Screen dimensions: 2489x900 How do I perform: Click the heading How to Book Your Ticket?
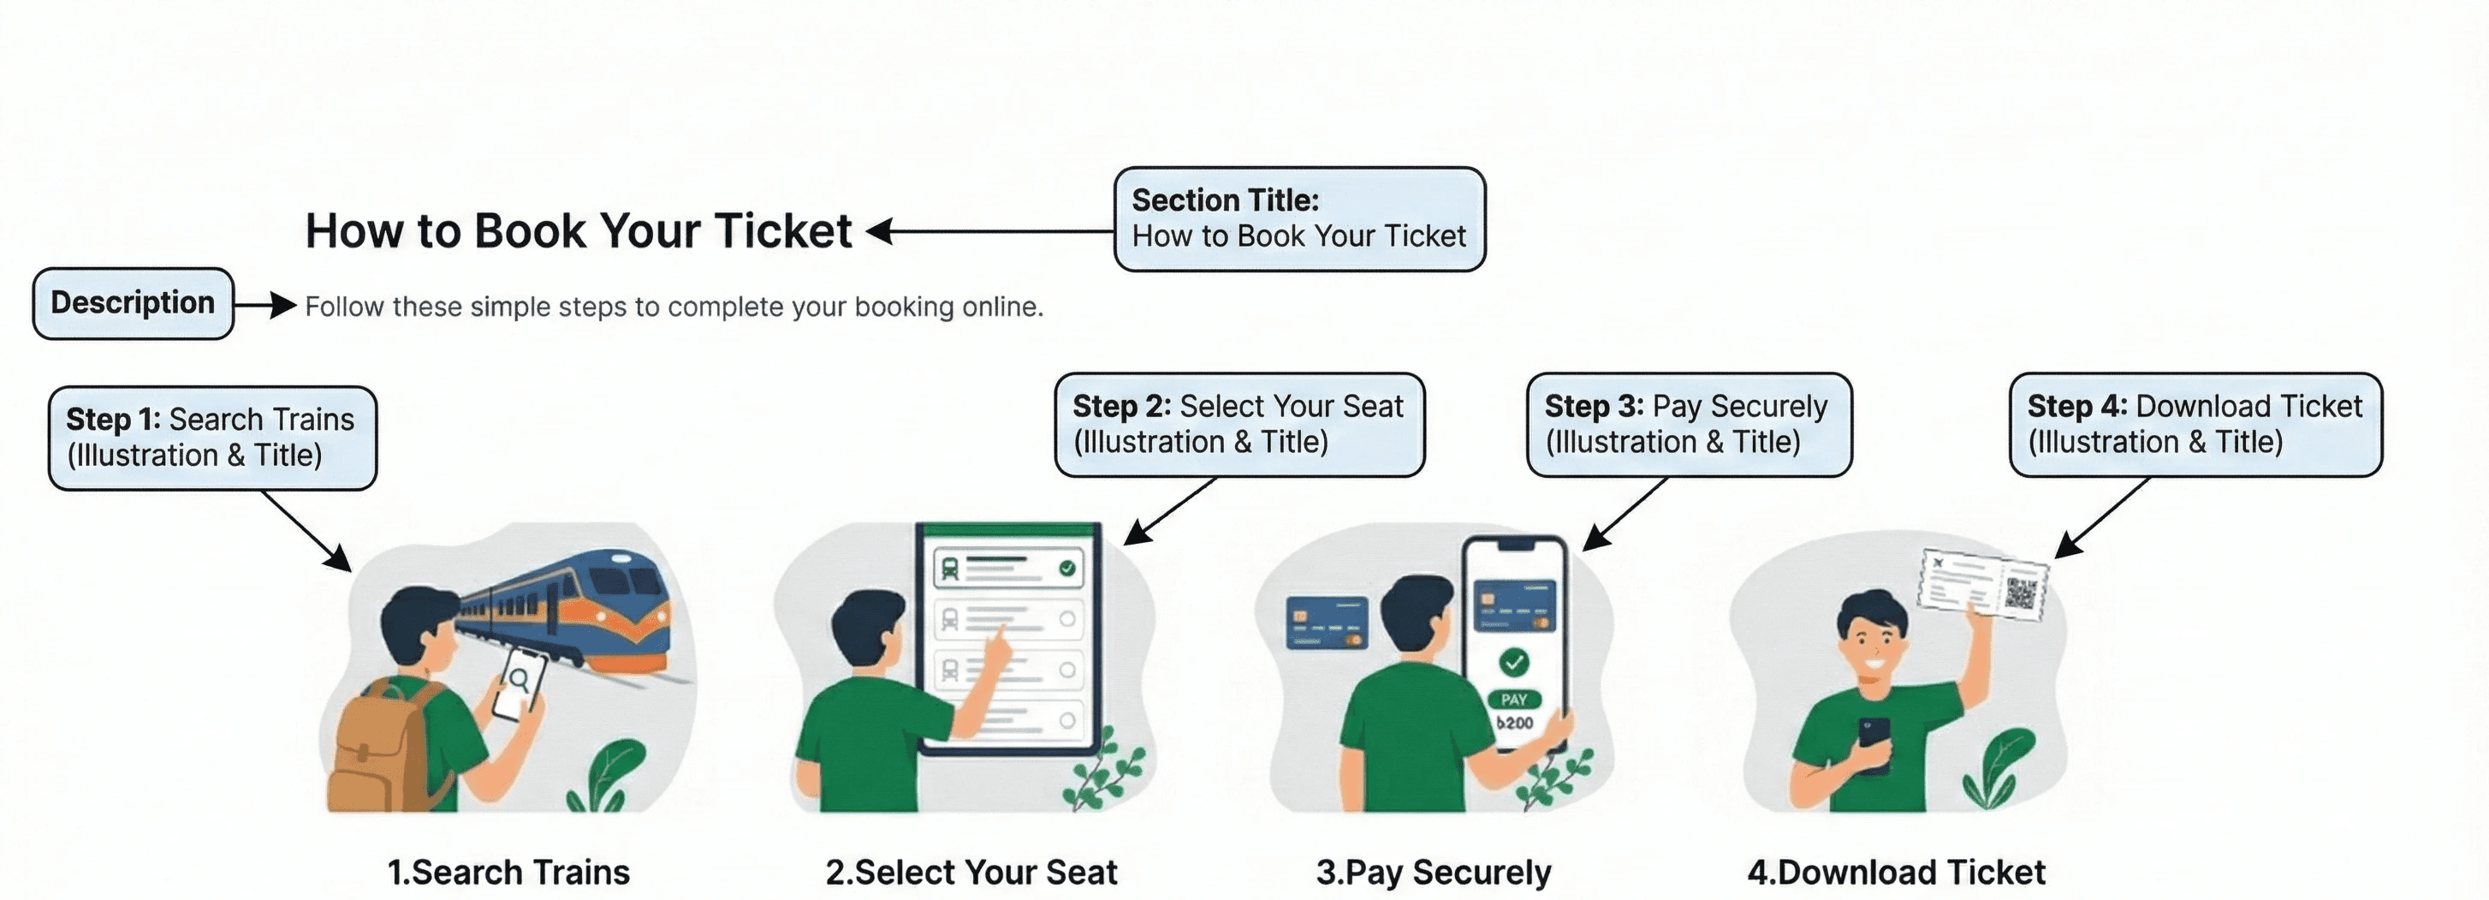tap(579, 231)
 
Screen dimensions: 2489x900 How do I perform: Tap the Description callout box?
tap(134, 303)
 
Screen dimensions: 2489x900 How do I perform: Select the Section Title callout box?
tap(1299, 218)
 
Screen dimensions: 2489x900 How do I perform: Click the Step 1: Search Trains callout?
tap(212, 438)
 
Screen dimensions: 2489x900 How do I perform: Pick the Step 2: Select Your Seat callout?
tap(1239, 425)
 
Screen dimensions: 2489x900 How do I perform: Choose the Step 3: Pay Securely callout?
tap(1689, 425)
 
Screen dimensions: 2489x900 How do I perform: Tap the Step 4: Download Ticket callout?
tap(2195, 425)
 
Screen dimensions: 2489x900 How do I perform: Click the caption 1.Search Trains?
tap(508, 872)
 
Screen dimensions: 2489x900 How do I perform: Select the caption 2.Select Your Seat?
tap(971, 872)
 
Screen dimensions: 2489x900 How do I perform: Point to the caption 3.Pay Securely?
tap(1434, 872)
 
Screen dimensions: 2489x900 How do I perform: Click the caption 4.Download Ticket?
tap(1896, 872)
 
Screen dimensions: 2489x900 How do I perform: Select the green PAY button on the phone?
tap(1514, 699)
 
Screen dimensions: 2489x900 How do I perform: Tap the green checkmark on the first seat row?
tap(1066, 569)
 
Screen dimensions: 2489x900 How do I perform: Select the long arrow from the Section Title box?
tap(989, 231)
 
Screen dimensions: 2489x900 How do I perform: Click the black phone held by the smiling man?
tap(1874, 744)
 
